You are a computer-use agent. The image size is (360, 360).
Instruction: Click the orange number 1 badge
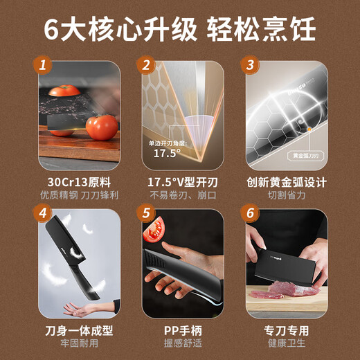click(44, 66)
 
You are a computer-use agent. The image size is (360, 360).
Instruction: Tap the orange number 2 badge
click(146, 66)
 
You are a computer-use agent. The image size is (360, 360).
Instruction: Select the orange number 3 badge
click(248, 66)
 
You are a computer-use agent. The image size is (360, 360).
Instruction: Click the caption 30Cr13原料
click(78, 182)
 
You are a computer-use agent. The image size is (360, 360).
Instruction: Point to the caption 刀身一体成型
click(78, 330)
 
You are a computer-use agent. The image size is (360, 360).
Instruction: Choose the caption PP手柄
click(180, 330)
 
